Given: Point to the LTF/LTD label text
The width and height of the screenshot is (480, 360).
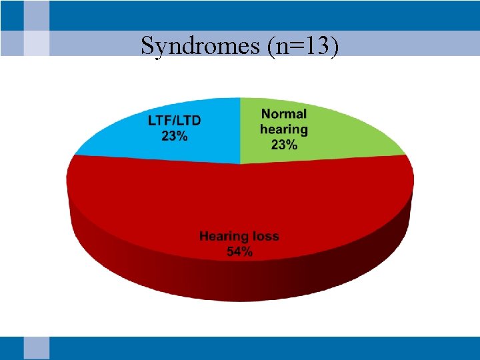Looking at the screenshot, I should point(174,121).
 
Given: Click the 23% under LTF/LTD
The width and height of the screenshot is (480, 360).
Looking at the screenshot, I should point(174,136).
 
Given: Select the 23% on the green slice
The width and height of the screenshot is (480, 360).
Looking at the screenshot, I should point(284,144).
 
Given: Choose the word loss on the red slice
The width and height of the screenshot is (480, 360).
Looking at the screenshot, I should point(265,237).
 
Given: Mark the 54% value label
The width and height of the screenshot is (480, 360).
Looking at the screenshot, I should point(239,252).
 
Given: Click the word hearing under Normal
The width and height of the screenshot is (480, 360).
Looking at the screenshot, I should point(284,129).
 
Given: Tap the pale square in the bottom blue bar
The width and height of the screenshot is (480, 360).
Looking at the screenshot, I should point(37,348).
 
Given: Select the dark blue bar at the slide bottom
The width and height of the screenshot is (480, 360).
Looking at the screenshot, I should point(267,348).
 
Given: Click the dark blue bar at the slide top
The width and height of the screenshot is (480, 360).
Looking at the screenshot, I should point(267,15).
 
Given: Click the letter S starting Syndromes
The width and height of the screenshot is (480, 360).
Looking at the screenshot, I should point(147,47).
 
